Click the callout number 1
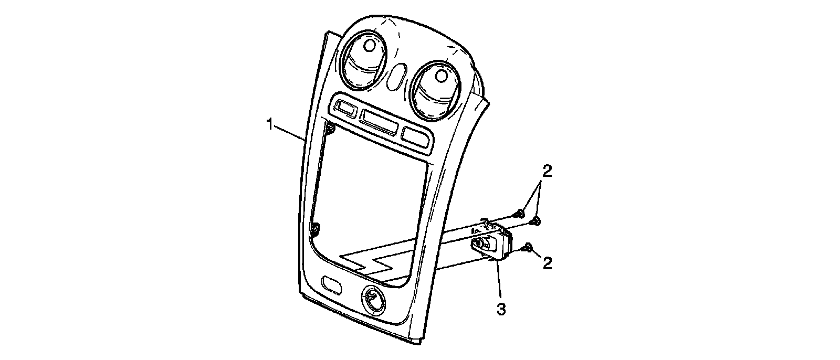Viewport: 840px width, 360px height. (x=270, y=125)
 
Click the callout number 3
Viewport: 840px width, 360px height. (x=501, y=310)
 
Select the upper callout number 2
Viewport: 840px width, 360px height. (x=547, y=172)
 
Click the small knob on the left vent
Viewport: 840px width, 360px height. (x=369, y=46)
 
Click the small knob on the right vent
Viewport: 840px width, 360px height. (x=440, y=77)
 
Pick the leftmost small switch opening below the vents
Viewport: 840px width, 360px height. (x=344, y=109)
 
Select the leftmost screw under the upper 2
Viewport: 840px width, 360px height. (x=519, y=213)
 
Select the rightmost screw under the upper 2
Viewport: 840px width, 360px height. (x=535, y=222)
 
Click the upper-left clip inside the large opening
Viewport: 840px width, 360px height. (x=329, y=127)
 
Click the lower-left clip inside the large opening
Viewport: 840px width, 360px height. (x=315, y=229)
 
